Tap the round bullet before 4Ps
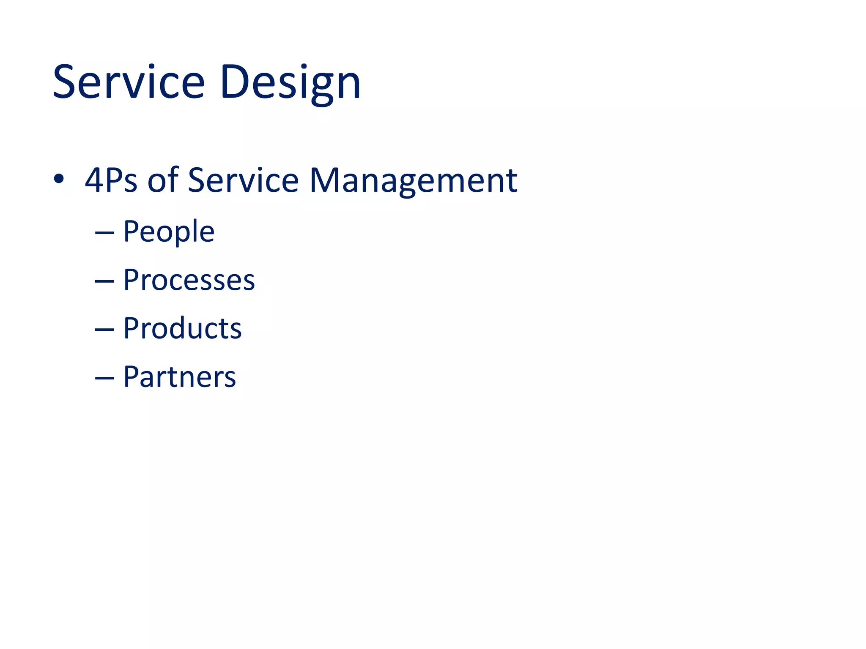tap(59, 179)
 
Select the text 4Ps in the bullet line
tap(111, 180)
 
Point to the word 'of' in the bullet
tap(163, 180)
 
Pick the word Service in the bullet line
tap(243, 180)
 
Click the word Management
tap(413, 180)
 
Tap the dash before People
tap(104, 233)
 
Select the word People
tap(169, 232)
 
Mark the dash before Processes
tap(104, 281)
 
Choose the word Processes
tap(189, 280)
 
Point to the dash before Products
tap(104, 330)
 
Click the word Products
tap(182, 328)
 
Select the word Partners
tap(179, 377)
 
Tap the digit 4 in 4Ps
tap(94, 180)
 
